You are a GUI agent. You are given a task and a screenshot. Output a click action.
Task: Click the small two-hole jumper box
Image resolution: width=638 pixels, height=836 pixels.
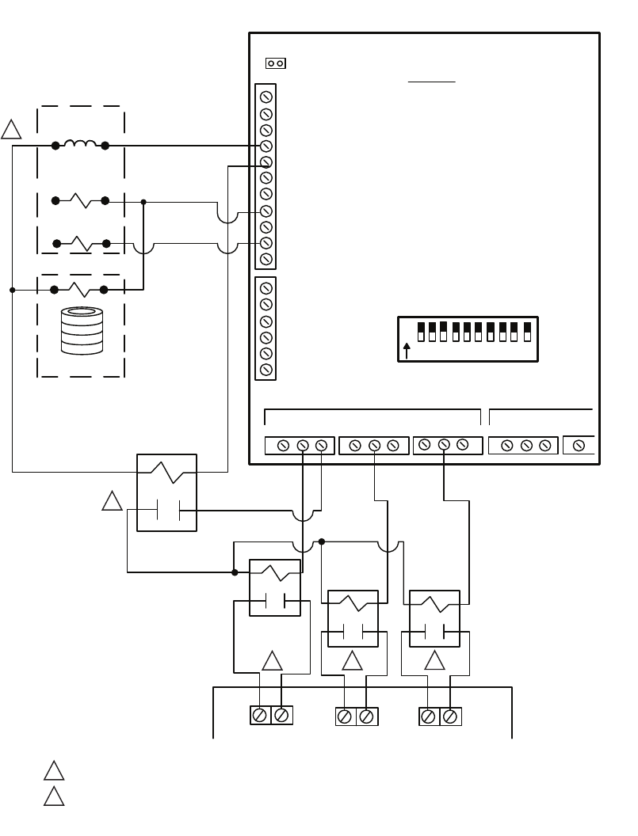coord(275,63)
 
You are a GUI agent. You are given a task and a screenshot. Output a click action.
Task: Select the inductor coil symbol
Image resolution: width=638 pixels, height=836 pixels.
coord(80,144)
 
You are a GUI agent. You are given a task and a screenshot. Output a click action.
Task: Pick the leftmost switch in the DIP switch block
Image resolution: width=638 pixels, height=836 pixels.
coord(422,332)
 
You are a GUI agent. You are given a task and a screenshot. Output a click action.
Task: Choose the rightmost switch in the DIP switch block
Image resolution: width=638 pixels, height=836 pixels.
coord(527,332)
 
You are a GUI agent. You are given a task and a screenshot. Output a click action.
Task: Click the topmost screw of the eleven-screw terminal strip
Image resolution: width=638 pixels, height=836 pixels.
coord(266,98)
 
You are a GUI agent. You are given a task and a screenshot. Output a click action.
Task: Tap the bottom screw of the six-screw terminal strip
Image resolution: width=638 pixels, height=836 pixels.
coord(266,369)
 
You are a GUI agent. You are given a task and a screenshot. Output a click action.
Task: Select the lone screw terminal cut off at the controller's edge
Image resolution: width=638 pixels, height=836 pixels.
coord(579,446)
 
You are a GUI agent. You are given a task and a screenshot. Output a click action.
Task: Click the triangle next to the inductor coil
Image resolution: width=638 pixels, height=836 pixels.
coord(11,129)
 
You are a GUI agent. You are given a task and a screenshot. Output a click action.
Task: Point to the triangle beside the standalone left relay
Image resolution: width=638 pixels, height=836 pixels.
coord(113,501)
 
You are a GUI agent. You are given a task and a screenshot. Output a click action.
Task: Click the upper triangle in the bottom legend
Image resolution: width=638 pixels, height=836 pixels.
coord(54,771)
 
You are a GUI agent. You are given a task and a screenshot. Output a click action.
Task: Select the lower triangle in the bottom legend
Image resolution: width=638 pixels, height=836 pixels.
coord(54,796)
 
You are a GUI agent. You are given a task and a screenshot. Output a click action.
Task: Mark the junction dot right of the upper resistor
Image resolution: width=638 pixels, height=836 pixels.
coord(143,202)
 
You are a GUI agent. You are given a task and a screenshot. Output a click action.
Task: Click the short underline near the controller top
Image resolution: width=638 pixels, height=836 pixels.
coord(432,81)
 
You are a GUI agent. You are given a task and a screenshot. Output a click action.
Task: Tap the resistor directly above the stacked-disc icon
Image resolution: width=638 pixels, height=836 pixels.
coord(79,290)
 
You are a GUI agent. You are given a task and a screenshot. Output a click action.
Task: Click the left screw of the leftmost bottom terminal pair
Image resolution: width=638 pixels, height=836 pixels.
coord(258,715)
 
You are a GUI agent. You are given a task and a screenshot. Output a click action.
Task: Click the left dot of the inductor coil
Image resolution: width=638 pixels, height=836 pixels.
coord(55,146)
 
